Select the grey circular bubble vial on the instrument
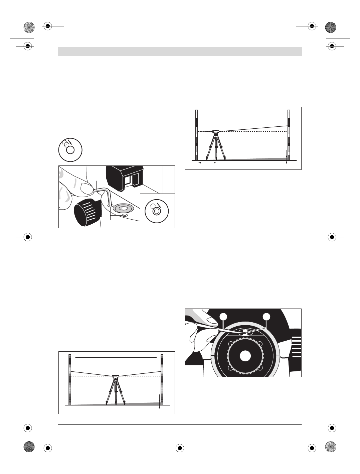(124, 208)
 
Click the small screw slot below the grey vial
(125, 216)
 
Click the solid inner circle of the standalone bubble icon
(70, 150)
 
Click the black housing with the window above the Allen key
(125, 179)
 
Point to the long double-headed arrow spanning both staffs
(116, 358)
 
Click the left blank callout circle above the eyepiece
(223, 316)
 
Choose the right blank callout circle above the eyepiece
(266, 316)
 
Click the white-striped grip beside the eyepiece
(296, 346)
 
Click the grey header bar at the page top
(180, 51)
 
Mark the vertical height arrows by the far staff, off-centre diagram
(287, 157)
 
